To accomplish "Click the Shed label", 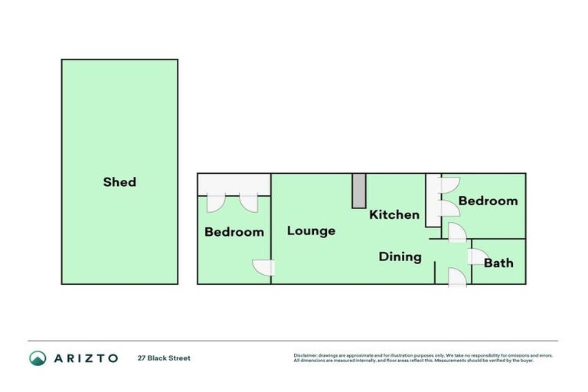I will [119, 182].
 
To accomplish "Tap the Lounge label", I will [311, 230].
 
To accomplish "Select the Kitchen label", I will [394, 214].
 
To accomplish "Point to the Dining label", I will [400, 256].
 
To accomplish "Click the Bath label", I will [498, 263].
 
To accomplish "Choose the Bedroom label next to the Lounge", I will [234, 231].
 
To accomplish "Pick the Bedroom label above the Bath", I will [488, 201].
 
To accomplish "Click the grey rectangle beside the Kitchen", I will [358, 191].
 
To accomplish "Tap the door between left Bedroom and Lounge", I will [265, 267].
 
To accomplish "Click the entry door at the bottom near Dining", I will [456, 276].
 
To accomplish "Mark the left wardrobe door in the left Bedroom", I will [216, 201].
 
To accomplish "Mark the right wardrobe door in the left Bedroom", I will [249, 201].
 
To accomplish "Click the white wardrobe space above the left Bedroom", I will [234, 184].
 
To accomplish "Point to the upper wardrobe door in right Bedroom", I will [449, 184].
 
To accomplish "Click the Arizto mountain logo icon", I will [38, 358].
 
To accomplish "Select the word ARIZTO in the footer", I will [85, 358].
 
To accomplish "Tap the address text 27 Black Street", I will [164, 358].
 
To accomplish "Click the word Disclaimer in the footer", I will [305, 355].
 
